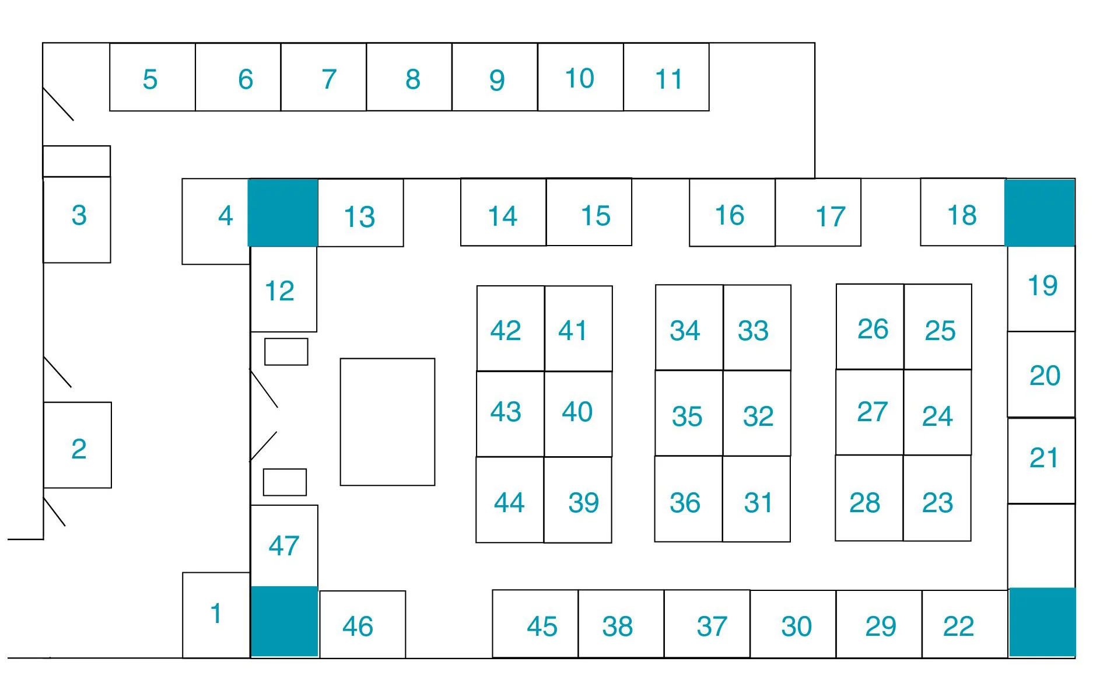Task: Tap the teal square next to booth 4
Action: click(283, 212)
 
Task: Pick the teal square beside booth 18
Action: click(1040, 212)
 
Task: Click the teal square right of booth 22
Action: click(1042, 622)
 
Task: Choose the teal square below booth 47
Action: click(284, 622)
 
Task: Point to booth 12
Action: click(283, 289)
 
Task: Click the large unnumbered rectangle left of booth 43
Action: click(387, 422)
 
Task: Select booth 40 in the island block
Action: click(578, 413)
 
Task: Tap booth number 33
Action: click(756, 328)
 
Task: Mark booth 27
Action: click(870, 412)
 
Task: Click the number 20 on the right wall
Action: click(1044, 376)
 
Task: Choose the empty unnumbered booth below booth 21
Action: click(1041, 546)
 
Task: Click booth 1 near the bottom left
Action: click(216, 615)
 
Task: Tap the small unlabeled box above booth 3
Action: click(76, 161)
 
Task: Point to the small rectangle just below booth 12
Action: click(286, 352)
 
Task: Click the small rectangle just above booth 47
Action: click(285, 482)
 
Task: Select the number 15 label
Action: click(595, 216)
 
